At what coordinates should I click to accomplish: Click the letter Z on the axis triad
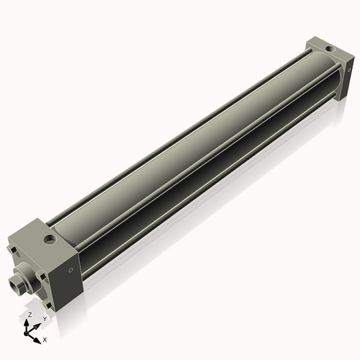click(29, 315)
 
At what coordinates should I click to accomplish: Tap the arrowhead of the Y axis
click(37, 324)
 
